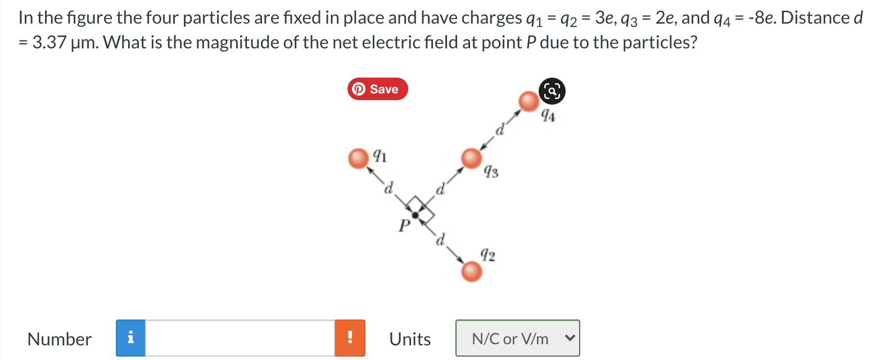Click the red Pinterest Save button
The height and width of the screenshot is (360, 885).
(x=377, y=89)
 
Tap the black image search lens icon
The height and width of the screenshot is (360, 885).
(x=552, y=91)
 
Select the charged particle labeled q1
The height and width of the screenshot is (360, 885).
(x=358, y=159)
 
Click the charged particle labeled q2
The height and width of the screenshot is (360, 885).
(x=471, y=272)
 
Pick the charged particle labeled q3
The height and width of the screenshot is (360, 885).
(x=471, y=158)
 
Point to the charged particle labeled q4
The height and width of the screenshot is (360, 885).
(x=528, y=102)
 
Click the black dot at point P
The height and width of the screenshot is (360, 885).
(x=416, y=215)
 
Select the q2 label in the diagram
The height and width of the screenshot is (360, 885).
(x=487, y=255)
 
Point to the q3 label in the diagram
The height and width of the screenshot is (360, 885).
(x=491, y=171)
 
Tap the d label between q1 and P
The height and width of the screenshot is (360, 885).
(x=388, y=187)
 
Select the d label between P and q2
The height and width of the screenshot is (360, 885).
(x=441, y=240)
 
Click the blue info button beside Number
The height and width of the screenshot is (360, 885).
(x=130, y=338)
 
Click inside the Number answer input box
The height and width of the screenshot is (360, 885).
(x=240, y=338)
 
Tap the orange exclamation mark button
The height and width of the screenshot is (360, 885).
(x=350, y=338)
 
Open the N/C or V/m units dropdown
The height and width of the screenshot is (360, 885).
(x=517, y=338)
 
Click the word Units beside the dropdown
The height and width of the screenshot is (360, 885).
(x=410, y=339)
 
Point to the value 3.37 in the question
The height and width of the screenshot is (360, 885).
(x=49, y=42)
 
